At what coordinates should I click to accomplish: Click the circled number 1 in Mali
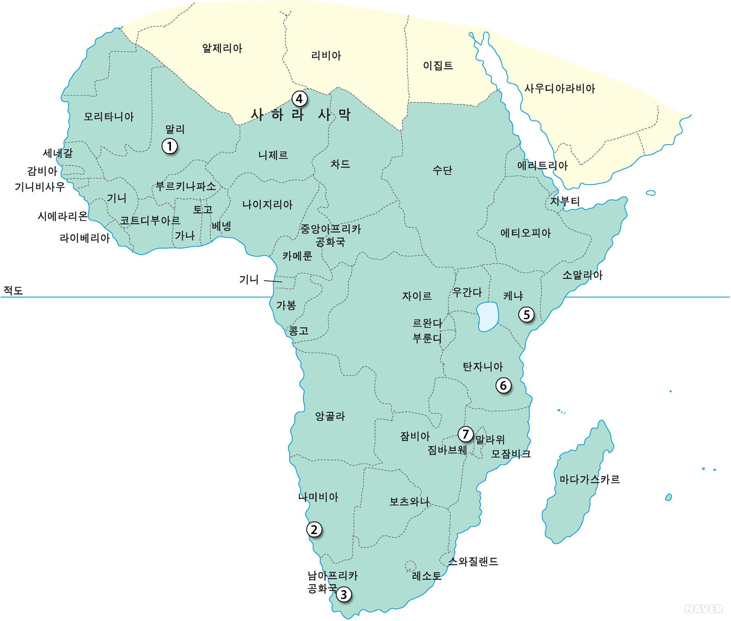[x=170, y=146]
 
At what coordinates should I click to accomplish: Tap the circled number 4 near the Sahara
[x=299, y=98]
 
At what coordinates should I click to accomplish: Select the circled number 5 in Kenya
[x=526, y=314]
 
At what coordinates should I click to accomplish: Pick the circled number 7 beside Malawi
[x=465, y=434]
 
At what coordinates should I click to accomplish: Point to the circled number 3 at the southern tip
[x=344, y=595]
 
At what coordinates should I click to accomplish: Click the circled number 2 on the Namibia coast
[x=314, y=530]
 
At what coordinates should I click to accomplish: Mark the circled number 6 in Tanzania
[x=503, y=385]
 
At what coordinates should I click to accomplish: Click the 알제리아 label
[x=222, y=48]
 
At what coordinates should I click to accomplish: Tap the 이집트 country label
[x=438, y=65]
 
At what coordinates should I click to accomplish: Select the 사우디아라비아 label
[x=560, y=88]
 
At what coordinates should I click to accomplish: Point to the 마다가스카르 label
[x=589, y=479]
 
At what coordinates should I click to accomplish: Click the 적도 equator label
[x=13, y=290]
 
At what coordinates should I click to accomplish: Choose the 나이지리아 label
[x=267, y=204]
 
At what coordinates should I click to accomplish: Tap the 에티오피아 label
[x=526, y=233]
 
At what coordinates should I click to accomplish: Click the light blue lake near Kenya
[x=487, y=316]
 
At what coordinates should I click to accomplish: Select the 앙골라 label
[x=330, y=416]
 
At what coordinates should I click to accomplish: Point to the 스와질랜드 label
[x=473, y=561]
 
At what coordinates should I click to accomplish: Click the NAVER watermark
[x=703, y=609]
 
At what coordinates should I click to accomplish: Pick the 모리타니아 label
[x=108, y=117]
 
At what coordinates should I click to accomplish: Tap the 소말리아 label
[x=582, y=275]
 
